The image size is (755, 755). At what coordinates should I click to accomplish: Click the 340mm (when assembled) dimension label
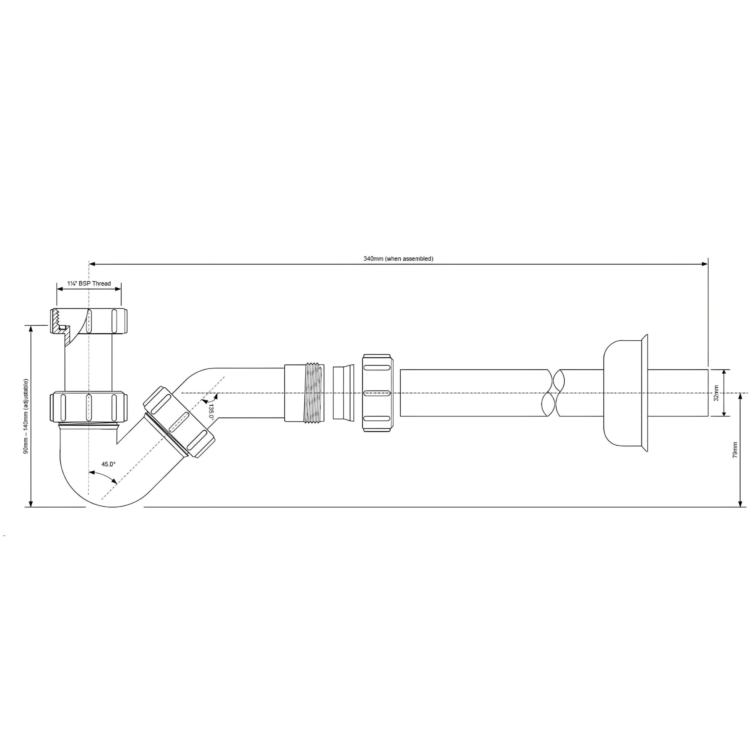point(398,259)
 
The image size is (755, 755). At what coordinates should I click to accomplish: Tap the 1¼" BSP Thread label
point(89,283)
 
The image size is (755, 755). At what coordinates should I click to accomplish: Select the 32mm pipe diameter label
point(716,393)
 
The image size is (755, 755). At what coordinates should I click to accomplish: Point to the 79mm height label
point(735,450)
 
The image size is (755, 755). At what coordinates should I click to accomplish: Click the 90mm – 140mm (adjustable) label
point(26,416)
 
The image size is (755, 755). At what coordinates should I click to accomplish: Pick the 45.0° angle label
point(109,464)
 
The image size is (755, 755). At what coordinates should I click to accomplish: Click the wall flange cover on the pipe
point(626,393)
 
